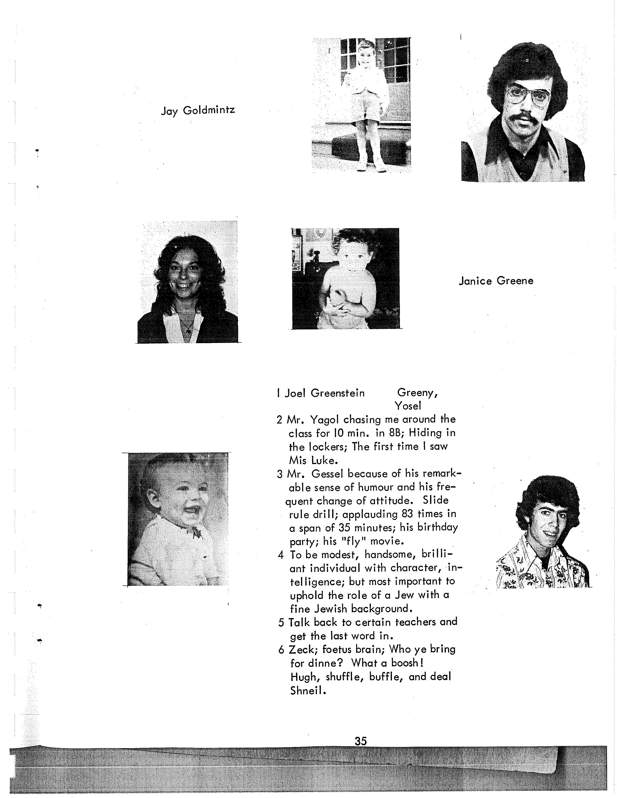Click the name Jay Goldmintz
pyautogui.click(x=198, y=110)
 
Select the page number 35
pyautogui.click(x=360, y=741)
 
